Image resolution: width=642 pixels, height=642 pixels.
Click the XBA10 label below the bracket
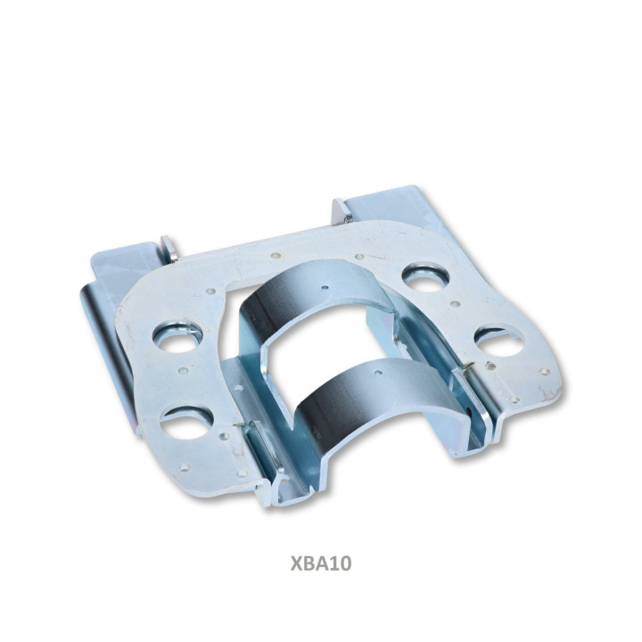point(321,564)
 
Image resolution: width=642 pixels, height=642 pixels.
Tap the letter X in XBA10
point(296,564)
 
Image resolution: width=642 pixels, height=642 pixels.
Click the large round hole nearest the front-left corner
point(185,422)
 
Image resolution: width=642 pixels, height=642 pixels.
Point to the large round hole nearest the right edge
point(499,340)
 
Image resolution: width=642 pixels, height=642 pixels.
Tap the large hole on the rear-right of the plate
point(426,278)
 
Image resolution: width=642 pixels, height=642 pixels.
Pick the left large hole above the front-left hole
point(177,337)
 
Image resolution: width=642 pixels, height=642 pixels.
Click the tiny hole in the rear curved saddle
point(325,287)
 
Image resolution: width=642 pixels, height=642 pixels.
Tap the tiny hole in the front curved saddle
point(378,373)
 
